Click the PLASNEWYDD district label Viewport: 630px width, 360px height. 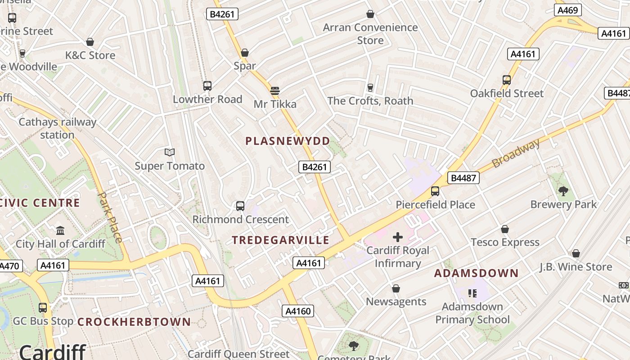coord(288,141)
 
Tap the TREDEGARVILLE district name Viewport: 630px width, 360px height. coord(280,240)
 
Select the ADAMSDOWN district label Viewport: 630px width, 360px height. coord(476,273)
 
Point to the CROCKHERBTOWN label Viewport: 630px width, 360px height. coord(134,322)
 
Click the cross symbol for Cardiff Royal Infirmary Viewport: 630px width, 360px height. coord(398,237)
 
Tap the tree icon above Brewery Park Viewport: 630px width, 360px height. coord(563,191)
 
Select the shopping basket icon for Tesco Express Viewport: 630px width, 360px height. coord(505,229)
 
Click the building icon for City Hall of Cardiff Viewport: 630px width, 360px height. coord(60,231)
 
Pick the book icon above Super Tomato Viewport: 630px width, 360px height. coord(170,153)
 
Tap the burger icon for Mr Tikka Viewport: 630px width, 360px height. coord(275,91)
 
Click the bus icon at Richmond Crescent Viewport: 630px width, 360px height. coord(240,206)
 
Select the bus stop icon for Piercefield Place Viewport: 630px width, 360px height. coord(435,191)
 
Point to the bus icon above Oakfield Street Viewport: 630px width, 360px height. coord(507,80)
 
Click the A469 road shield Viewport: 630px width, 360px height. coord(567,10)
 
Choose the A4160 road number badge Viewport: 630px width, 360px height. coord(297,310)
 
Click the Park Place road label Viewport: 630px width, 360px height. coord(110,217)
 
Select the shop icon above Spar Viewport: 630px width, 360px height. coord(245,53)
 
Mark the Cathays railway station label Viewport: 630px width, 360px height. coord(57,128)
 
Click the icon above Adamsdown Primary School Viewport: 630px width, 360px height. coord(472,293)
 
